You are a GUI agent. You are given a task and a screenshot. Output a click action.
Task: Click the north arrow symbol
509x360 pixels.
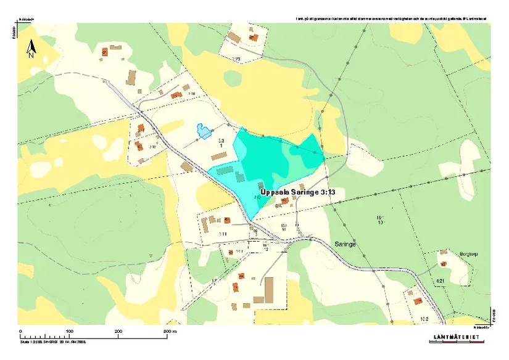30,46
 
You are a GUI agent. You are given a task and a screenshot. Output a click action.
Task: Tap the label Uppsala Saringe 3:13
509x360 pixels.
298,192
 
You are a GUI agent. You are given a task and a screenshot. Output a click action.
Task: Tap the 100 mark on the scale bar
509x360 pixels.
69,331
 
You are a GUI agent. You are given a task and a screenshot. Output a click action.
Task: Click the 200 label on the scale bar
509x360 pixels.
119,331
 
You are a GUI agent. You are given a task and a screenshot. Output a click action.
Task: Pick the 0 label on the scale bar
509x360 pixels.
20,331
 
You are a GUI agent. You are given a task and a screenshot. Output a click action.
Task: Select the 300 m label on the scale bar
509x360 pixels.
169,331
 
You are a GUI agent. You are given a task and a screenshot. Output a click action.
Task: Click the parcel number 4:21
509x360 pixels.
440,281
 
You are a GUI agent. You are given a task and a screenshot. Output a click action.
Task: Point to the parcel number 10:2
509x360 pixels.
423,318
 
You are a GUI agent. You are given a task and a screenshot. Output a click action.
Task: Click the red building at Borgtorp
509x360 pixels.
442,253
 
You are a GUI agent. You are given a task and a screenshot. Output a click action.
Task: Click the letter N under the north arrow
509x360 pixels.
30,54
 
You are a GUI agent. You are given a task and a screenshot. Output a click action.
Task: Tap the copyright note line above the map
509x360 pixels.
391,19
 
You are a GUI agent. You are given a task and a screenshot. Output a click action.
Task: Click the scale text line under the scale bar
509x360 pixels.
52,340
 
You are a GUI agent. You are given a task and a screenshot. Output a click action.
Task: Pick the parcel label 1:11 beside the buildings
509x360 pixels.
223,234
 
